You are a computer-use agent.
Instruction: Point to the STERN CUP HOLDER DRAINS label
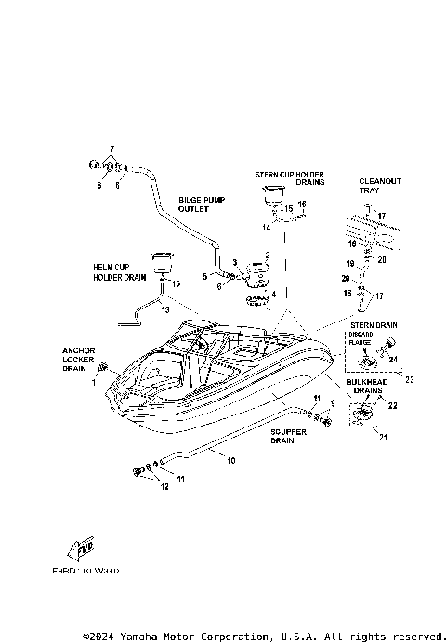pyautogui.click(x=289, y=177)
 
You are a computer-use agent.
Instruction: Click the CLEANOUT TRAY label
pyautogui.click(x=380, y=186)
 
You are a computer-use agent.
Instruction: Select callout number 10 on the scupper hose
pyautogui.click(x=231, y=460)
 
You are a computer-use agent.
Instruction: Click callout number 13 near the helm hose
pyautogui.click(x=164, y=309)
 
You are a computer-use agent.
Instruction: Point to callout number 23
pyautogui.click(x=409, y=378)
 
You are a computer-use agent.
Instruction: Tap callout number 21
pyautogui.click(x=382, y=437)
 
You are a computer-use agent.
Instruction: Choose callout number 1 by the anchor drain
pyautogui.click(x=94, y=382)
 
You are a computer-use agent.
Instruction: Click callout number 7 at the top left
pyautogui.click(x=111, y=150)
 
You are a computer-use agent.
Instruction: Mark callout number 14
pyautogui.click(x=266, y=226)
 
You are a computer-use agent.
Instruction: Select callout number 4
pyautogui.click(x=273, y=294)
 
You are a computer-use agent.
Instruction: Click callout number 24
pyautogui.click(x=393, y=360)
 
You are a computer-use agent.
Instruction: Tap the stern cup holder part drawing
pyautogui.click(x=271, y=193)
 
